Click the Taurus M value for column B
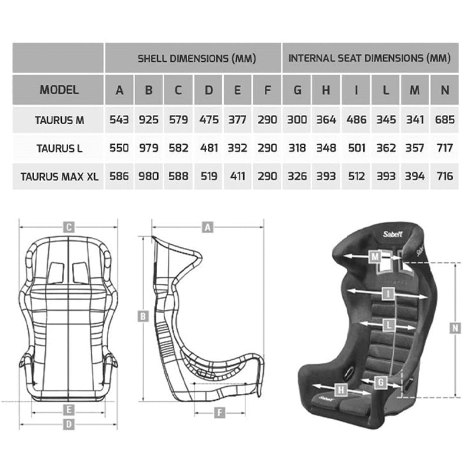148,120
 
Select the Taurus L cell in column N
445,148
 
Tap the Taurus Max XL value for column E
237,176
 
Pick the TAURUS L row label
59,148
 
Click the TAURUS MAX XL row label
59,177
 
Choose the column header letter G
297,90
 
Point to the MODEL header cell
59,90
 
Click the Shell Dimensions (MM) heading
197,58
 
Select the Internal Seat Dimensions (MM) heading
370,58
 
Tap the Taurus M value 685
445,120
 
